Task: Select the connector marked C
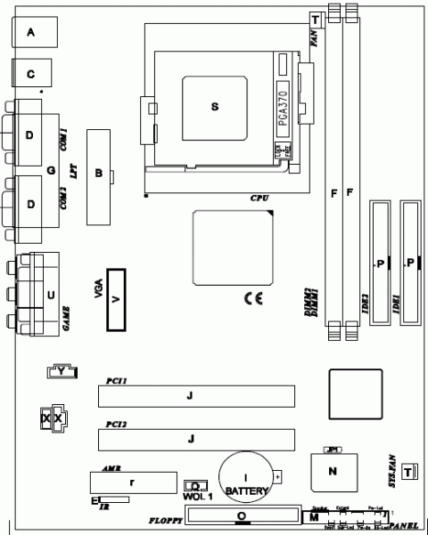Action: [x=32, y=75]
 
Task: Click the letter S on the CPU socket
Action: [x=214, y=106]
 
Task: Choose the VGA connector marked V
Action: [x=115, y=300]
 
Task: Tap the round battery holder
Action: [x=247, y=481]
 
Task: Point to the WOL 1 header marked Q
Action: [x=194, y=486]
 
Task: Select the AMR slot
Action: [x=132, y=482]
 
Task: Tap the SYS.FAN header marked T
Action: [x=408, y=471]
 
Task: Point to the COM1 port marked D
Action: [x=32, y=134]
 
